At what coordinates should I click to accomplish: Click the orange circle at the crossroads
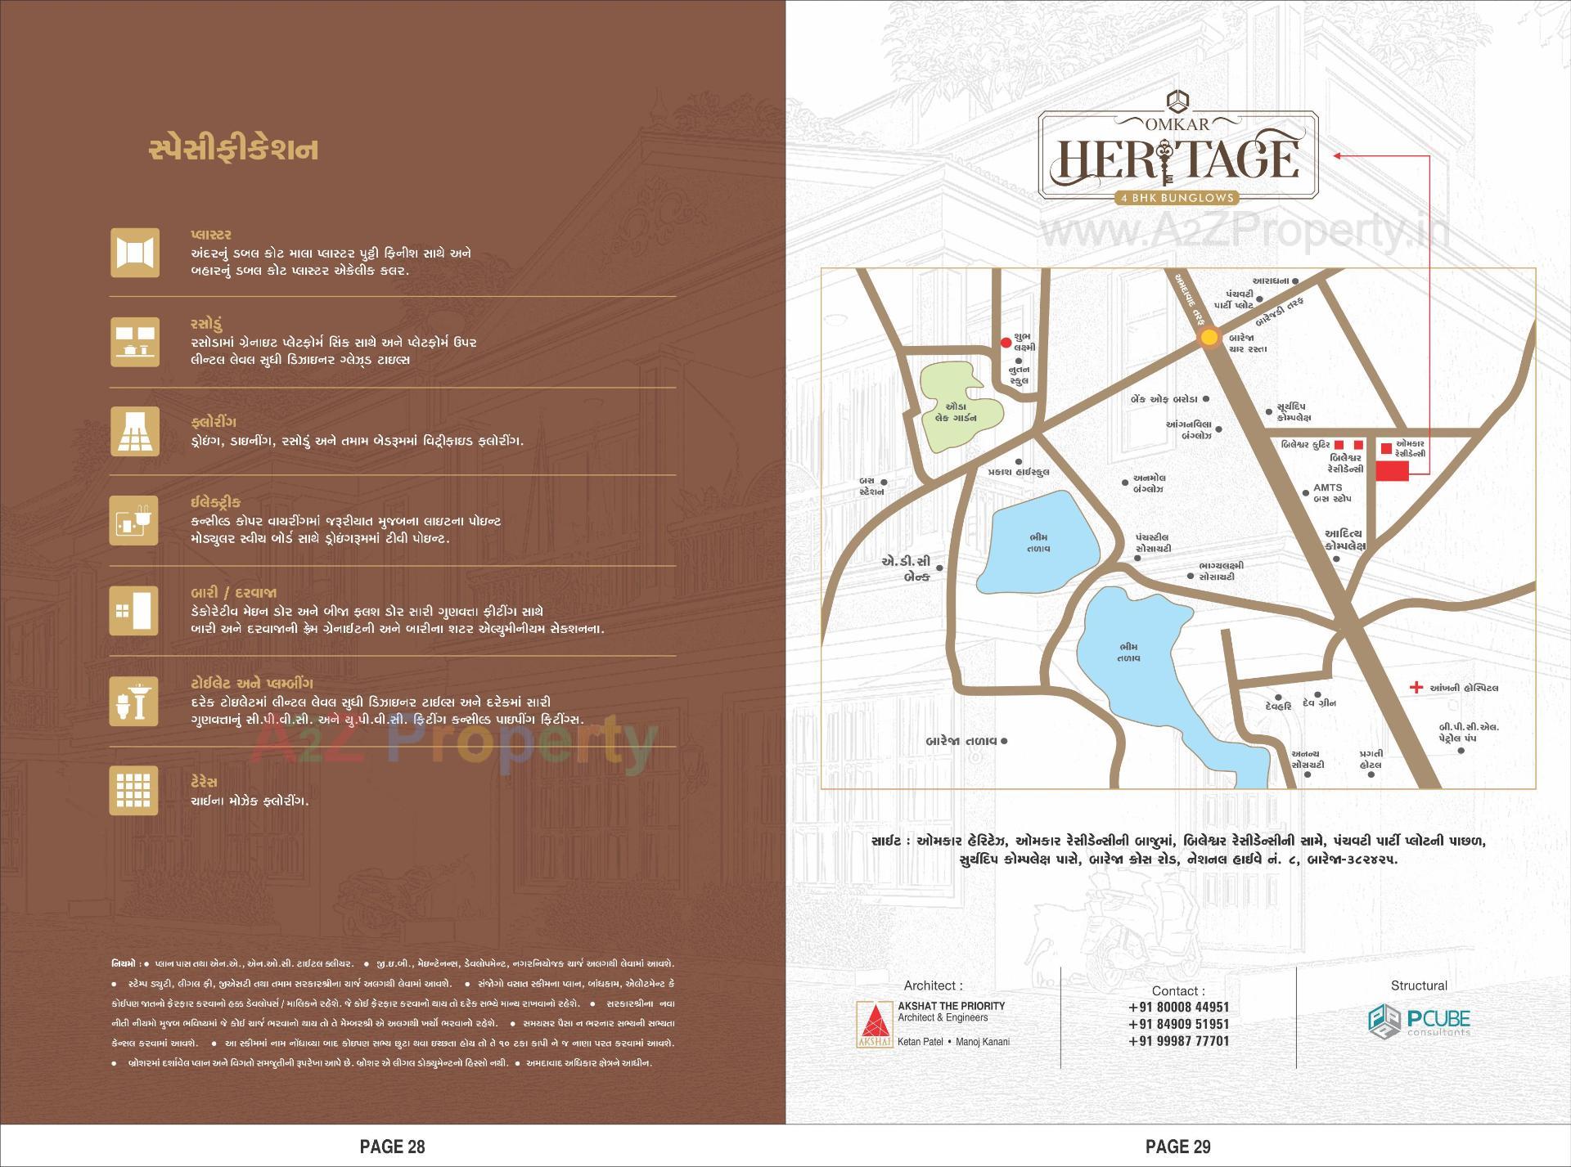pos(1209,338)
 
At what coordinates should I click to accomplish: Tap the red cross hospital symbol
pos(1416,688)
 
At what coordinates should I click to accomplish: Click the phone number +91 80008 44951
pos(1178,1008)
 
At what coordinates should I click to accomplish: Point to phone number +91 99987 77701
pos(1178,1041)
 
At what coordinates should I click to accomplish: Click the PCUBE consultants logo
pos(1420,1021)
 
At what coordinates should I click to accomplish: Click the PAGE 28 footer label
pos(393,1147)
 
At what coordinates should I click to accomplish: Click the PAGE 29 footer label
pos(1178,1147)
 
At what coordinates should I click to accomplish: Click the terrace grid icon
pos(134,791)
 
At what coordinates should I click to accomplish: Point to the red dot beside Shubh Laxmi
pos(1006,343)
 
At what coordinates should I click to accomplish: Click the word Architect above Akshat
pos(933,985)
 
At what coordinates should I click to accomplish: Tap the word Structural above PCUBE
pos(1419,985)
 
